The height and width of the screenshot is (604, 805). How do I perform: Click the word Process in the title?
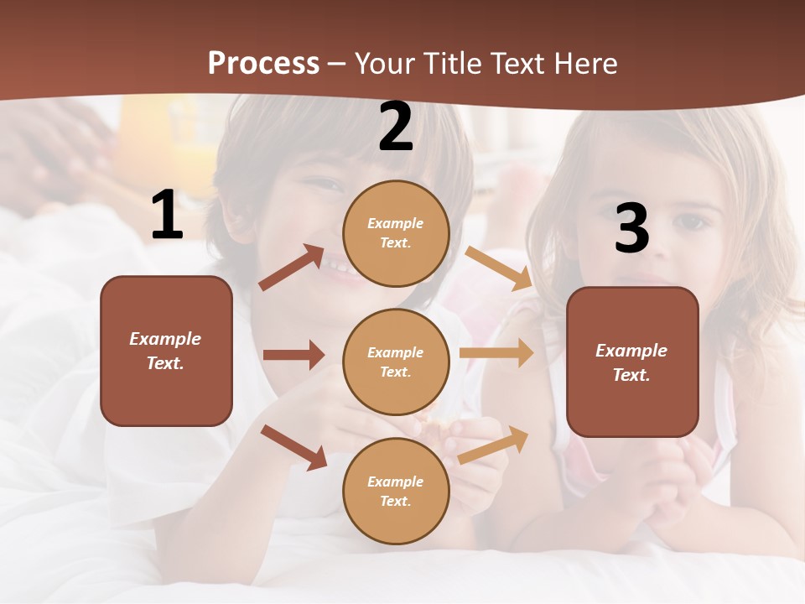[263, 64]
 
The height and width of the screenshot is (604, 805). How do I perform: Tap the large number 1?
[166, 216]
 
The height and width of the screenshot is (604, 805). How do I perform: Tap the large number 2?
[396, 127]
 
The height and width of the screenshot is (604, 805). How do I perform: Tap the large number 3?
[631, 229]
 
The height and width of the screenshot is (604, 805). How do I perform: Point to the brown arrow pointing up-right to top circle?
[292, 268]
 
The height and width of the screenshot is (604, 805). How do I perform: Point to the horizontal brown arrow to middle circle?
[293, 355]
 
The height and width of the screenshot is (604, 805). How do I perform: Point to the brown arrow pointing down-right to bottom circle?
[293, 447]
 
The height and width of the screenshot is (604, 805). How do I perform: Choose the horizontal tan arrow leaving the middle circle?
[496, 352]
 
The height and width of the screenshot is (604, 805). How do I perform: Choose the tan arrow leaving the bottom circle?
[493, 445]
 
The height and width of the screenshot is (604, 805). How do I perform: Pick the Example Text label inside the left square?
[165, 351]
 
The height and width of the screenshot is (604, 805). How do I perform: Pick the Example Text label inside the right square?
[631, 362]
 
